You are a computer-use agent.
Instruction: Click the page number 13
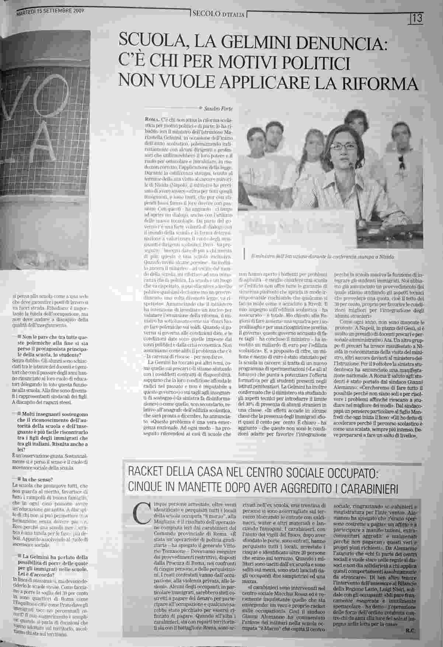(x=417, y=17)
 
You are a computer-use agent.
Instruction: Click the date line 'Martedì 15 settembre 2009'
(x=50, y=12)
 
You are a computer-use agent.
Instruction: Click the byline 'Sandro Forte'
(x=217, y=108)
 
